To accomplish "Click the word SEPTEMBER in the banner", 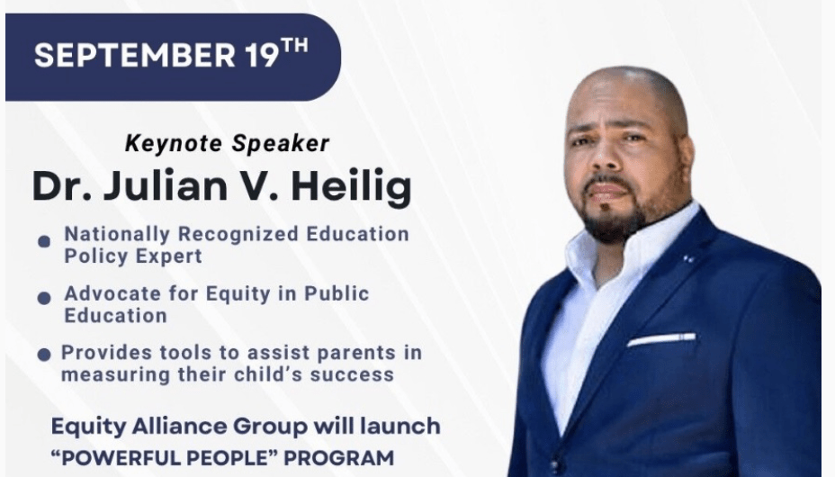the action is click(x=135, y=55).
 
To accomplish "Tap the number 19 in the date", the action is click(x=262, y=55).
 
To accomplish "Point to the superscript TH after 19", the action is click(x=294, y=46).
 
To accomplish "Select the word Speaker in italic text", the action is click(x=281, y=144).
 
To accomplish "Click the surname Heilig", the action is click(x=352, y=187).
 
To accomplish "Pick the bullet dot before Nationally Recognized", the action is click(x=44, y=242).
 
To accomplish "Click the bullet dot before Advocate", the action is click(x=44, y=298).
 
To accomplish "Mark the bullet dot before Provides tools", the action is click(x=44, y=354).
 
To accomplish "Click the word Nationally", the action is click(x=117, y=234).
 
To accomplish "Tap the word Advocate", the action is click(x=112, y=293).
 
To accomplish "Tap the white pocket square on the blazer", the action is click(x=661, y=339).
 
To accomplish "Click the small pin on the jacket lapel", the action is click(x=688, y=258).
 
